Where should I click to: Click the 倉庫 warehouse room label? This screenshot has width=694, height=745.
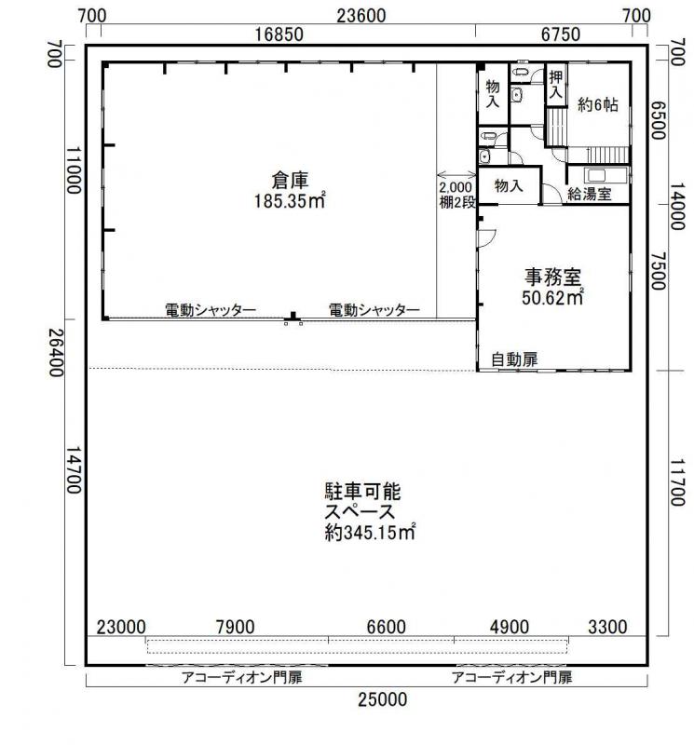click(290, 180)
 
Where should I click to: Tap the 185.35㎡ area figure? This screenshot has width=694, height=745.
click(290, 200)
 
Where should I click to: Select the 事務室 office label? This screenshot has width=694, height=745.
click(552, 277)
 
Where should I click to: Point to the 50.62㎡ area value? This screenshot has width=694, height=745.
click(552, 297)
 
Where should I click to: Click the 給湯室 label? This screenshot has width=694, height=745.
click(590, 194)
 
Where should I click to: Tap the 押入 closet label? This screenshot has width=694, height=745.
click(556, 84)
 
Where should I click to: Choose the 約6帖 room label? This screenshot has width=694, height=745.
click(598, 104)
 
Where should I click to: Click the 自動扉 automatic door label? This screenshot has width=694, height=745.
click(514, 359)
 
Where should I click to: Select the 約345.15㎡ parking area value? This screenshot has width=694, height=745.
click(371, 533)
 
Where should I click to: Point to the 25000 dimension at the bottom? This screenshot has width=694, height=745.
click(383, 699)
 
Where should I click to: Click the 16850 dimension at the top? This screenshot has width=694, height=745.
click(279, 34)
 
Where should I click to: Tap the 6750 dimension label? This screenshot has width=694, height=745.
click(561, 34)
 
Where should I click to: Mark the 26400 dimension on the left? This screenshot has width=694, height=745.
click(57, 352)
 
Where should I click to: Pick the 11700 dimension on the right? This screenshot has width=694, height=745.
click(676, 482)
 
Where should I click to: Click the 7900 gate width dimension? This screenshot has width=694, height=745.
click(236, 627)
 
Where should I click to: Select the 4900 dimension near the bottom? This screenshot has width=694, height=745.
click(510, 627)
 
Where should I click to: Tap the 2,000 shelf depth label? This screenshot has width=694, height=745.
click(456, 187)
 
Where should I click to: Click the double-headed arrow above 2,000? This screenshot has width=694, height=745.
click(456, 174)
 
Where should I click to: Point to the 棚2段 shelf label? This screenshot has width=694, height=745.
click(457, 202)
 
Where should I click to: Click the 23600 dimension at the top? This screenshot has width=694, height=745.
click(361, 16)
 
